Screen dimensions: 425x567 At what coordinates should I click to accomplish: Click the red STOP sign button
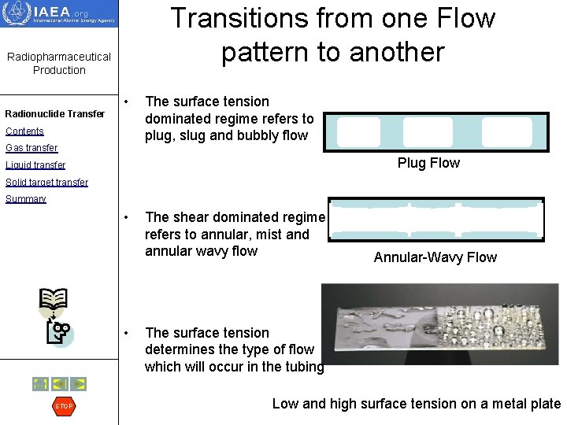[x=63, y=406]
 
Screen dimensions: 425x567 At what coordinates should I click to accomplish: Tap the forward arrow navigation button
[x=78, y=384]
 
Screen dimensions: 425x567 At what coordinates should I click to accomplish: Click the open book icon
[x=54, y=299]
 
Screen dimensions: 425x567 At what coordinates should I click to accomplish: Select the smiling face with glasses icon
[x=60, y=332]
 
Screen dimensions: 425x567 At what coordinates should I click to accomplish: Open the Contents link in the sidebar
[x=24, y=131]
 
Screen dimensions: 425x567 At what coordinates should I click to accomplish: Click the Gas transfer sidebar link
[x=31, y=148]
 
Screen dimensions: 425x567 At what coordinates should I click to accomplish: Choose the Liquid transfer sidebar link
[x=35, y=165]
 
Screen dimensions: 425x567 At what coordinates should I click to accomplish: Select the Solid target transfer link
[x=46, y=183]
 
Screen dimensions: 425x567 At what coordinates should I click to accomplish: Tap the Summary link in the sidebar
[x=26, y=199]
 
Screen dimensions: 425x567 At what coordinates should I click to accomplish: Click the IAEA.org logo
[x=59, y=13]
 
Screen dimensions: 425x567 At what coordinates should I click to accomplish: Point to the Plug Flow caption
[x=428, y=163]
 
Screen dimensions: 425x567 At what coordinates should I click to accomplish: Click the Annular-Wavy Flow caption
[x=435, y=257]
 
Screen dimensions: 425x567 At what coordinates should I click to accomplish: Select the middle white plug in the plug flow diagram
[x=428, y=132]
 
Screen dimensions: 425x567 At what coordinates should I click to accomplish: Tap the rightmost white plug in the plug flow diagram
[x=506, y=132]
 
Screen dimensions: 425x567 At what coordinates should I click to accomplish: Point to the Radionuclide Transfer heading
[x=54, y=114]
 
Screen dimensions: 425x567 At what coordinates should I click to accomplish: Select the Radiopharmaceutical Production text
[x=59, y=63]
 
